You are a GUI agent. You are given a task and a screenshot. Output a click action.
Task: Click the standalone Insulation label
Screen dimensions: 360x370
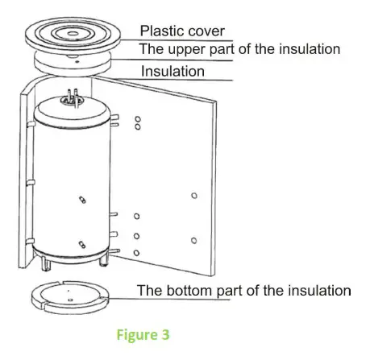[x=173, y=72]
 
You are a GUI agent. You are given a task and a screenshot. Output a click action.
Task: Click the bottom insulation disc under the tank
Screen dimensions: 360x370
[x=70, y=296]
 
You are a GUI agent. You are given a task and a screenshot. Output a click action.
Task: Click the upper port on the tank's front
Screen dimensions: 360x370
[x=81, y=199]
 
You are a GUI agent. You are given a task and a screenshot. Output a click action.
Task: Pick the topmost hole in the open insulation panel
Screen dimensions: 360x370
[x=138, y=118]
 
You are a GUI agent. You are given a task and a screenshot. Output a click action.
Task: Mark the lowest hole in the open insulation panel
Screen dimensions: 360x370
[x=137, y=253]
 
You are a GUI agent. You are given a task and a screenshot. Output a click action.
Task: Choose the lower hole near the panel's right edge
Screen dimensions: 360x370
[x=192, y=240]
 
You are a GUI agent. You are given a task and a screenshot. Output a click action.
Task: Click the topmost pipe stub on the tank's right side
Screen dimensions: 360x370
[x=118, y=120]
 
